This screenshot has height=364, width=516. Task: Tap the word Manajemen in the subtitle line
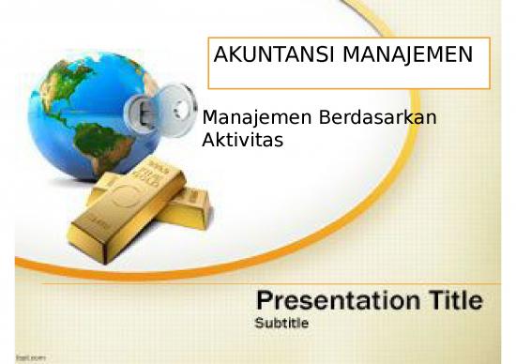point(246,120)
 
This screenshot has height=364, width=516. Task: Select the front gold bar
point(127,211)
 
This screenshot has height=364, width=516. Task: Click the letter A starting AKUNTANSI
point(221,55)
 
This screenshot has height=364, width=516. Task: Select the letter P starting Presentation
point(267,301)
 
